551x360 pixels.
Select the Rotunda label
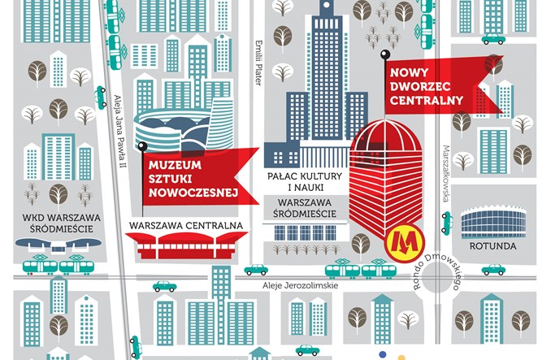click(492, 245)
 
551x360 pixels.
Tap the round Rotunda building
click(493, 221)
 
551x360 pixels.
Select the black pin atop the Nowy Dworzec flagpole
click(384, 54)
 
